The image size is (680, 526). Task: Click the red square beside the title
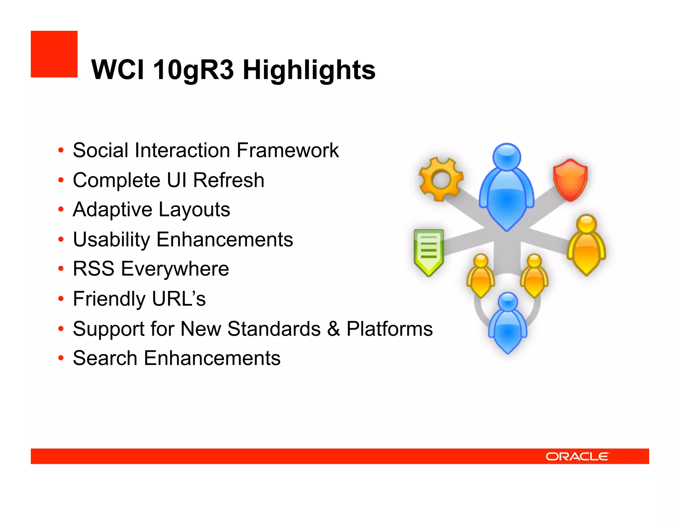[54, 54]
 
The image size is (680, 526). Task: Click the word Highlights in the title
[309, 70]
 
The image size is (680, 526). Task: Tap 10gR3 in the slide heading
[193, 70]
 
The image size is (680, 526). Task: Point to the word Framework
[288, 150]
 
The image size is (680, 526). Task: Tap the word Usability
[111, 240]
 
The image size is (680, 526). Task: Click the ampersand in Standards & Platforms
[333, 329]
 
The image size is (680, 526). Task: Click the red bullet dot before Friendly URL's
[61, 299]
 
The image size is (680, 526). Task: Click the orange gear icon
[441, 179]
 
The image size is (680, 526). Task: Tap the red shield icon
[570, 180]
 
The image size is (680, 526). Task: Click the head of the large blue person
[507, 156]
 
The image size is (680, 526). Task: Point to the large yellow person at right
[586, 246]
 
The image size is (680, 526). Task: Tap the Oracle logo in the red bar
[577, 457]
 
